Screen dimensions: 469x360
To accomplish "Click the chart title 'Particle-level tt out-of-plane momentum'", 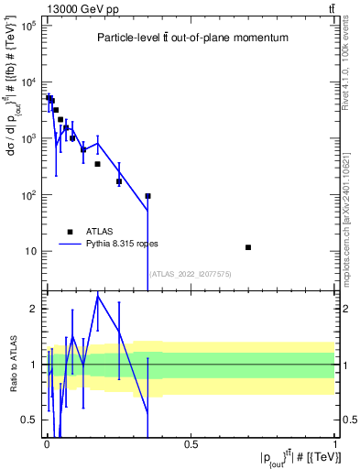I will coord(192,38).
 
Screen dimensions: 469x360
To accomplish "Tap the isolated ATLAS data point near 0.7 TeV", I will coord(248,247).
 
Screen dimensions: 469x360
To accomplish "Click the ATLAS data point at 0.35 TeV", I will coord(147,196).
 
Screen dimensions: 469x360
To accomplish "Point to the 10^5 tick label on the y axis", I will coord(27,26).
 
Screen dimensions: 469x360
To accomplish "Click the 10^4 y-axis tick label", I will coord(27,82).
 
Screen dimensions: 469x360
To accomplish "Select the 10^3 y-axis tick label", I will coord(27,138).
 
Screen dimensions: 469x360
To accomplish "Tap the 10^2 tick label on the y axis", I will coord(27,195).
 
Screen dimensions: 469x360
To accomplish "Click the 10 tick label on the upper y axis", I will coord(29,251).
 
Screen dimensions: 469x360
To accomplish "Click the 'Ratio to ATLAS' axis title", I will coord(12,365).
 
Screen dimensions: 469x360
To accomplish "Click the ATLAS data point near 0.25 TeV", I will coord(119,181).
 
